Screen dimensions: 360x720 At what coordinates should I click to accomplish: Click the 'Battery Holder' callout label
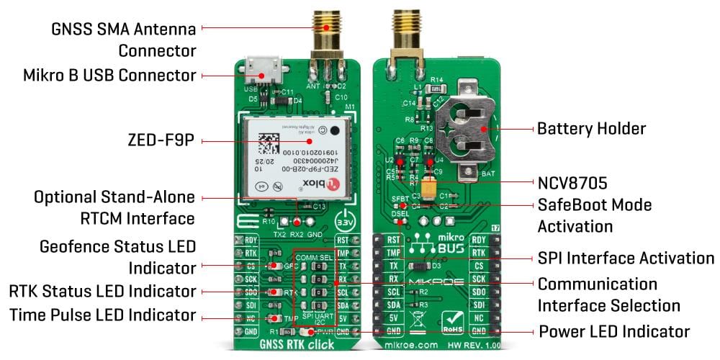click(x=591, y=129)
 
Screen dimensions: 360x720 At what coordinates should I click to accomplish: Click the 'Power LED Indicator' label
click(x=614, y=332)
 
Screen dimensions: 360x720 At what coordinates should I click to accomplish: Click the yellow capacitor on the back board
click(x=430, y=189)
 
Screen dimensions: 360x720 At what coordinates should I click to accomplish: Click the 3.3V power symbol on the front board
click(x=346, y=220)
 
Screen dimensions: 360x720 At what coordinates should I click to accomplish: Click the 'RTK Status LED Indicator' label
click(x=102, y=291)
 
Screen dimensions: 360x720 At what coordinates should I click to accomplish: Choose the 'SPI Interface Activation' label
click(x=626, y=258)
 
